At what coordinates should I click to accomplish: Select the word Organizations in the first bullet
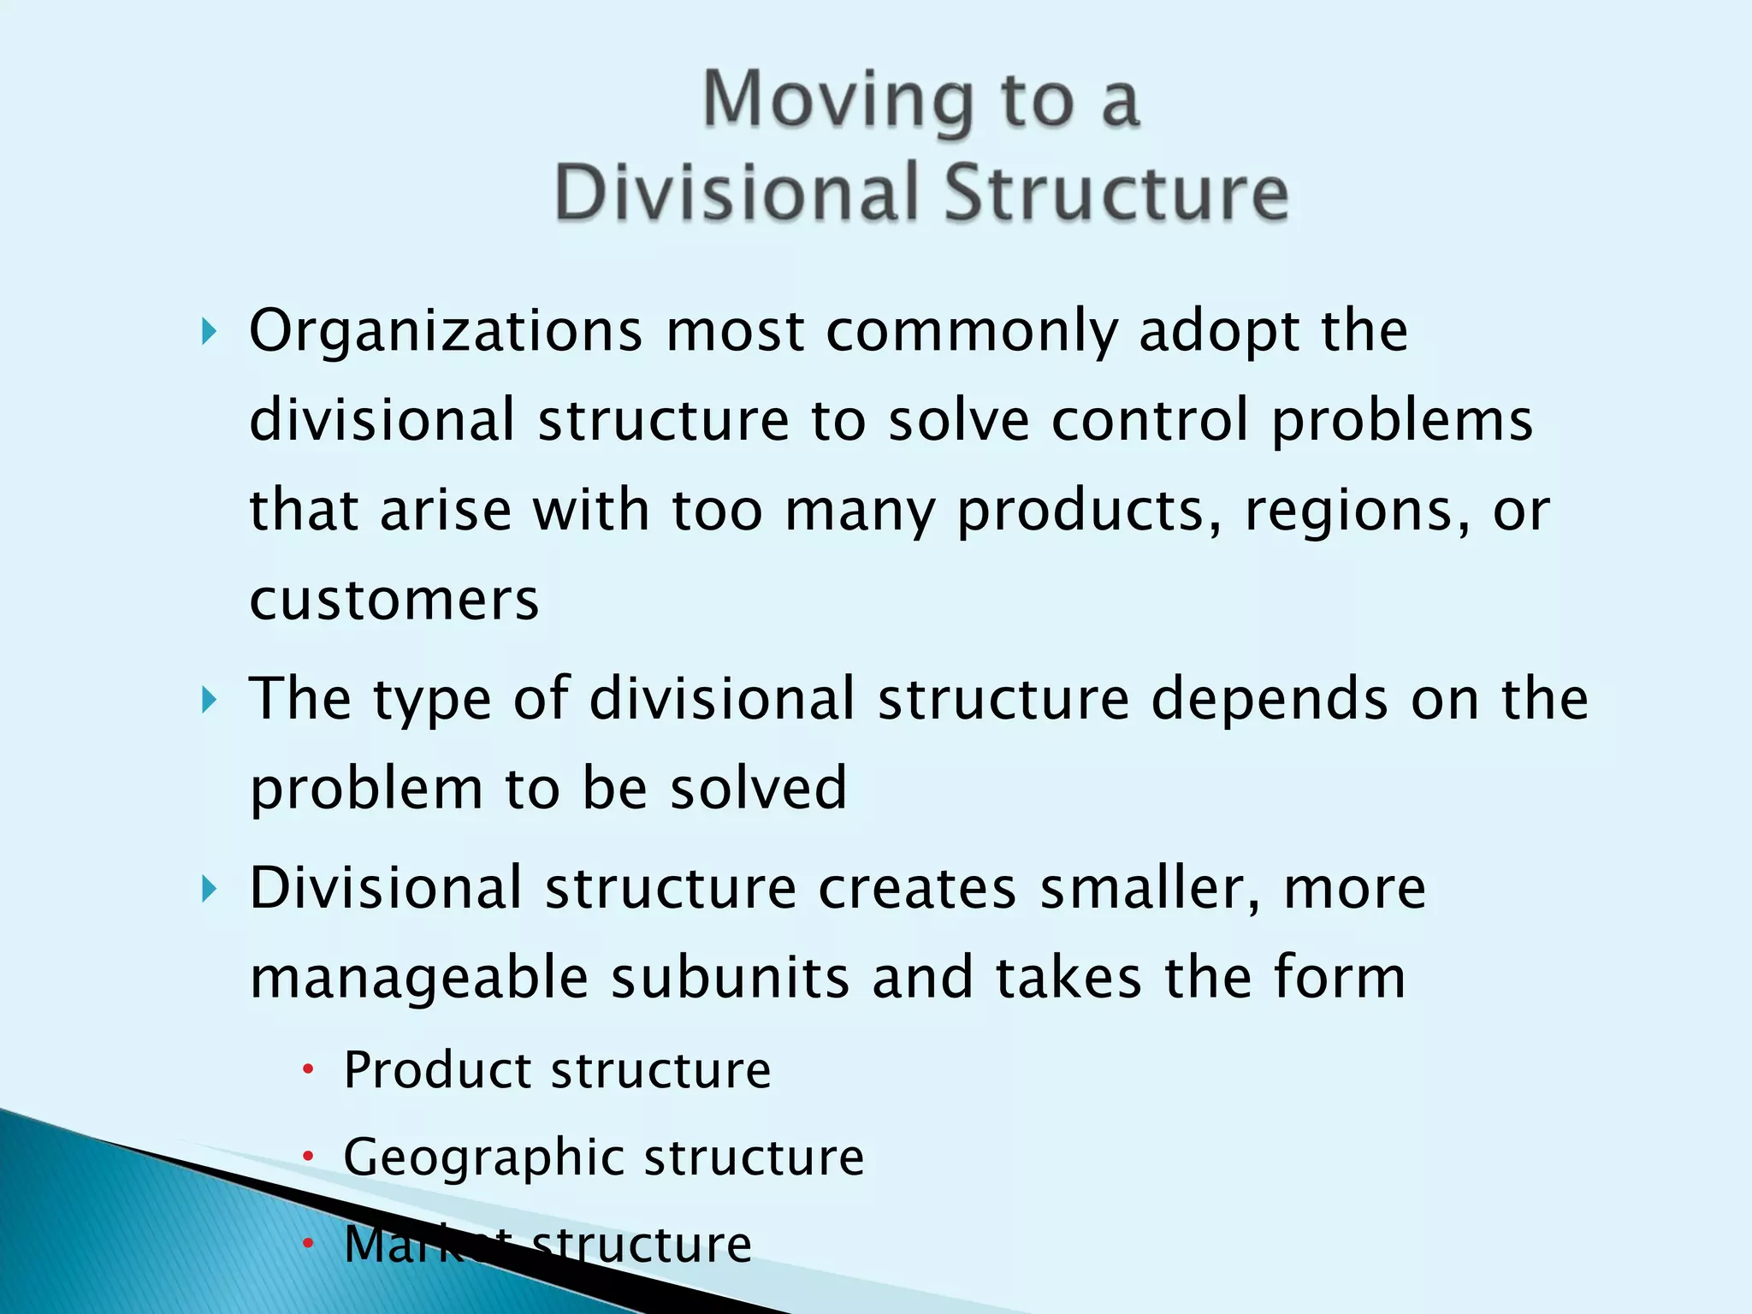click(x=445, y=331)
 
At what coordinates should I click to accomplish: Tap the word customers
click(x=394, y=600)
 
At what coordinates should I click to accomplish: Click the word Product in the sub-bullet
click(x=437, y=1070)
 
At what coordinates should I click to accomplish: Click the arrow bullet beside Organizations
click(x=209, y=331)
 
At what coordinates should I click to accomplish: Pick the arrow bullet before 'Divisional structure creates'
click(x=209, y=890)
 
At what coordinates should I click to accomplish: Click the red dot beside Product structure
click(x=309, y=1069)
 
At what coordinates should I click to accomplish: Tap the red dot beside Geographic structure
click(x=309, y=1157)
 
